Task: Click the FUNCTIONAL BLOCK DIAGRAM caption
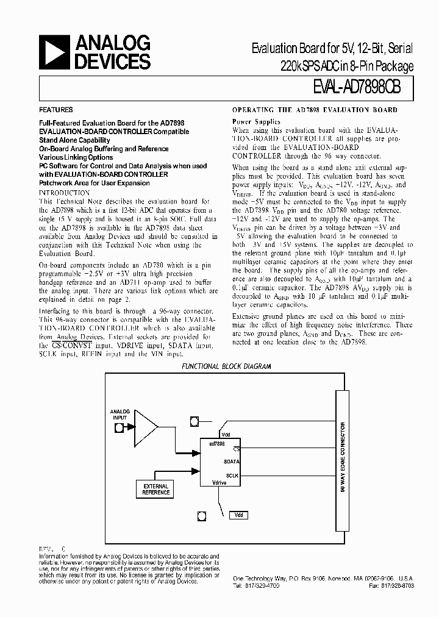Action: [220, 366]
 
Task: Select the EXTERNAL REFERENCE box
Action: [155, 488]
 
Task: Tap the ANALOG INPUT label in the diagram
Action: [120, 414]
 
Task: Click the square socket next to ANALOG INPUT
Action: [120, 427]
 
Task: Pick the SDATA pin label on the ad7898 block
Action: [231, 462]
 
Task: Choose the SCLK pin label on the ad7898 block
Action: [232, 475]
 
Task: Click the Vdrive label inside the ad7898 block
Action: [219, 482]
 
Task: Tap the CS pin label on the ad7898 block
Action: [235, 449]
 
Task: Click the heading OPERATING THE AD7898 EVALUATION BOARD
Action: [315, 110]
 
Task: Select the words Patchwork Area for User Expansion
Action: [95, 183]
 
